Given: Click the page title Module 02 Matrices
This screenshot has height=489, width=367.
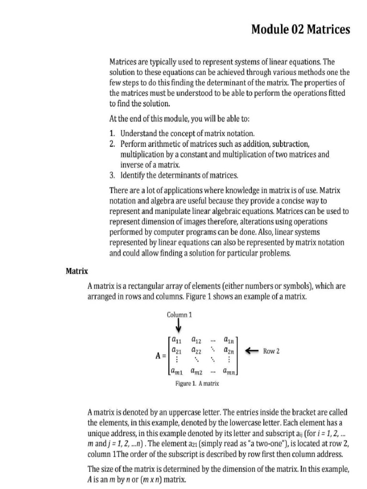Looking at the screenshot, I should (x=301, y=30).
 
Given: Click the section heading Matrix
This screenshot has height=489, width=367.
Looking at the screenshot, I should (x=76, y=271).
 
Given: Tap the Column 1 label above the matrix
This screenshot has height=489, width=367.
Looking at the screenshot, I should (x=179, y=315).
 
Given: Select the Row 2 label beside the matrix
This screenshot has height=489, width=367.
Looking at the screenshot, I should (x=271, y=351).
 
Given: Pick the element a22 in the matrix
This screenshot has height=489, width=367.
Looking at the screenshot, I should (x=196, y=351).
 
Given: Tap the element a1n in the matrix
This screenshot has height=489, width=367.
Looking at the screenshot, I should (x=229, y=341).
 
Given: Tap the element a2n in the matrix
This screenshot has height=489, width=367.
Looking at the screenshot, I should (x=229, y=351).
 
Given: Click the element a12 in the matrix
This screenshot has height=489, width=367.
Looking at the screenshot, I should (x=196, y=341).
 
